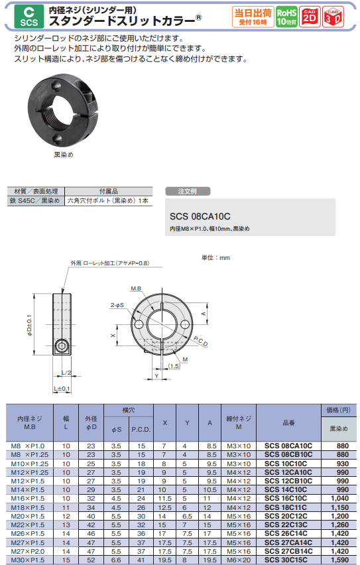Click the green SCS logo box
coord(29,17)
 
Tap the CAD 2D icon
coord(310,17)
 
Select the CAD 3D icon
coord(333,17)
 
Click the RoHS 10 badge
coord(287,17)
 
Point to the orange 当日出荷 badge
coord(253,17)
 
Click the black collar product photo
coord(63,110)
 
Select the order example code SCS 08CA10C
coord(200,216)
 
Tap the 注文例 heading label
coord(188,192)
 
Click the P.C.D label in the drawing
coord(200,342)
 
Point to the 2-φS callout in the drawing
coord(117,305)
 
